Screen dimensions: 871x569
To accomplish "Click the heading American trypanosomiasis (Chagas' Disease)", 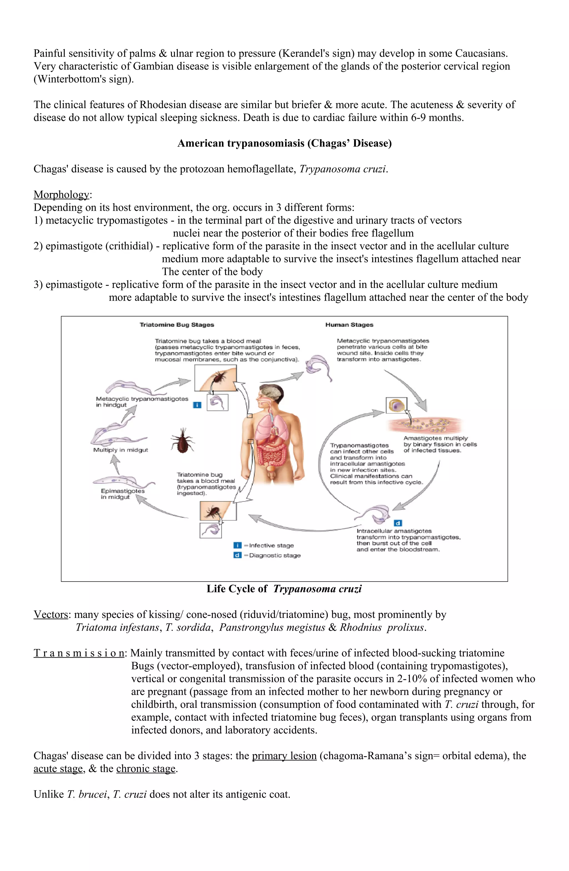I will coord(284,143).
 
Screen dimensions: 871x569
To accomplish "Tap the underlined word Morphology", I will coord(61,194).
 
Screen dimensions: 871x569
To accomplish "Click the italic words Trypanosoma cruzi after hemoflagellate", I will coord(343,169).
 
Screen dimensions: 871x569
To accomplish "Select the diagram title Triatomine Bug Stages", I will coord(177,325).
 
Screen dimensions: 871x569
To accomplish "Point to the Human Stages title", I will coord(349,325).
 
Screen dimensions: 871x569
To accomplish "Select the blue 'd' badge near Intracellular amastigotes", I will coord(398,523).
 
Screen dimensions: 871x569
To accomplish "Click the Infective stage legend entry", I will coord(271,545).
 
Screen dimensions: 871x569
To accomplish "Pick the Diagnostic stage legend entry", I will coord(274,555).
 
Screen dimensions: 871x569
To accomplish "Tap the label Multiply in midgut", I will coord(120,450).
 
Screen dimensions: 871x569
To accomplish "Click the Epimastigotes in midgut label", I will coord(122,494).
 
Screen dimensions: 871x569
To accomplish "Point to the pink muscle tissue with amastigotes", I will coord(424,425).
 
